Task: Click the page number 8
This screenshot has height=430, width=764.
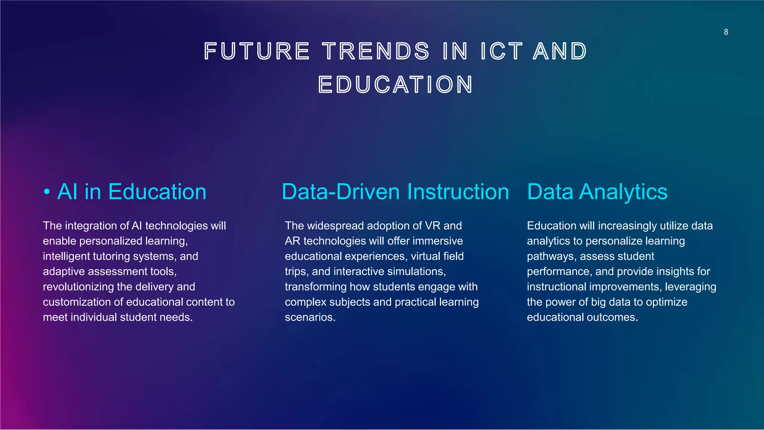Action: pos(726,32)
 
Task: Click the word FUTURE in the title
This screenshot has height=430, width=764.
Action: pos(257,51)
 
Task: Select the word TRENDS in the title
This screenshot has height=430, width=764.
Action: pos(376,51)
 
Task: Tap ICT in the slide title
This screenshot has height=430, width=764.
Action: pos(501,51)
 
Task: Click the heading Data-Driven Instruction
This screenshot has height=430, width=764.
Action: pos(395,192)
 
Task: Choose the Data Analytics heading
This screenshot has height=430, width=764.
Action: pos(597,192)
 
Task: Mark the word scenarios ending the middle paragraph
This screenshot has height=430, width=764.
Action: pos(310,317)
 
